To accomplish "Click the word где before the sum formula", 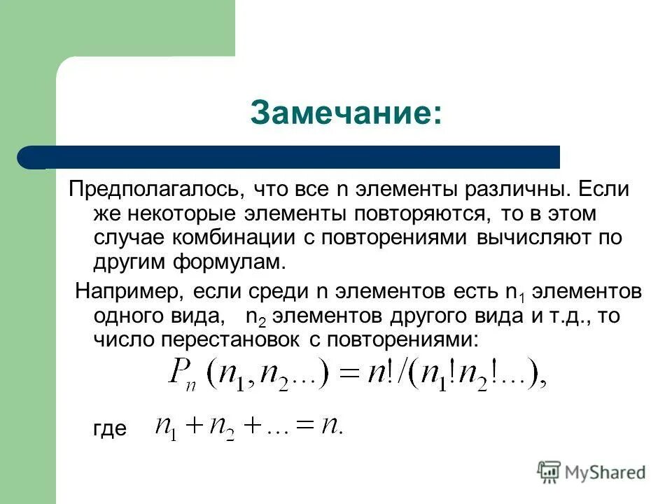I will coord(110,428).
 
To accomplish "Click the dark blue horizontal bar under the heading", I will coord(294,157).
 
